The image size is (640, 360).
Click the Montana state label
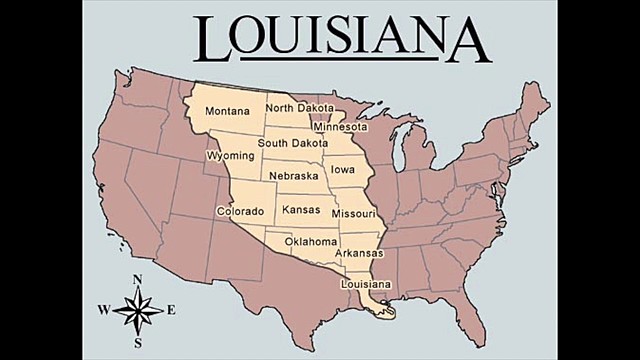(227, 111)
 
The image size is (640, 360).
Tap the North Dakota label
(300, 108)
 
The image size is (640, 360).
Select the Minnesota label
(340, 127)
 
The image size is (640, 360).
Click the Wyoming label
(229, 157)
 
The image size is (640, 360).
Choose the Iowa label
(343, 170)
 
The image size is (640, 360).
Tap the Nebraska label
(293, 176)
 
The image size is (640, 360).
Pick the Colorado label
(240, 212)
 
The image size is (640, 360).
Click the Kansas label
(301, 210)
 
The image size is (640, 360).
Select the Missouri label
(353, 214)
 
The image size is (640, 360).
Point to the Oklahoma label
(311, 241)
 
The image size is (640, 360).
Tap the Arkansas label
(359, 253)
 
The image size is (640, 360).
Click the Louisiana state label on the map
(366, 285)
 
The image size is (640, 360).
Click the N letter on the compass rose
(138, 279)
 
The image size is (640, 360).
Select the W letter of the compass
(103, 310)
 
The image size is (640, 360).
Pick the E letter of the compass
(172, 310)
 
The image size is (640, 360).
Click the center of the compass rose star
(138, 311)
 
